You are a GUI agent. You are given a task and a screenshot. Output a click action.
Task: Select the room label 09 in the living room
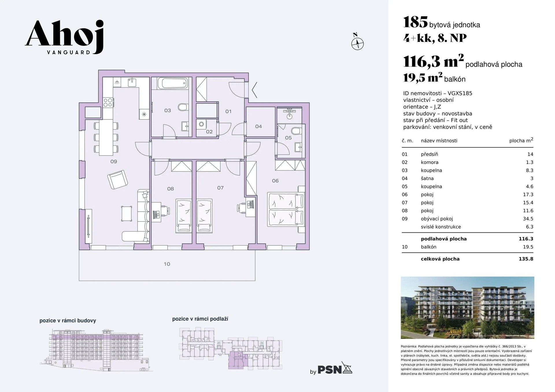(114, 162)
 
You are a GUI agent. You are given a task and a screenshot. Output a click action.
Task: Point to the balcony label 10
(167, 264)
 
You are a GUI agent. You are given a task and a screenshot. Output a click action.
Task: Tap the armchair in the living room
(117, 180)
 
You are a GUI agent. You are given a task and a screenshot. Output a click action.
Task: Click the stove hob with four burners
(108, 102)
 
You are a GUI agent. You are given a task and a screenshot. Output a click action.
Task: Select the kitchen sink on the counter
(132, 82)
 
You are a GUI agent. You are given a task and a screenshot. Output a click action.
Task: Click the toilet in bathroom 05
(296, 131)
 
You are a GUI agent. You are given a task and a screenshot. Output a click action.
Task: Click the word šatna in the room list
(427, 178)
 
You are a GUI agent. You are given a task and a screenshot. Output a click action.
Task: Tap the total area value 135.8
(526, 259)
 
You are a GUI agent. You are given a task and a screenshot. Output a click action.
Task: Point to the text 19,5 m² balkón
(434, 78)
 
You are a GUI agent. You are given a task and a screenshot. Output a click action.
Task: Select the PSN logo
(335, 369)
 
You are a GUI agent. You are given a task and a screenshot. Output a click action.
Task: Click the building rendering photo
(467, 307)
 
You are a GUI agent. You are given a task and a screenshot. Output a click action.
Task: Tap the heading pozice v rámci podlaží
(200, 319)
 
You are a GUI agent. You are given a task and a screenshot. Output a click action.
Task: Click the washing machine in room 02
(201, 124)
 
